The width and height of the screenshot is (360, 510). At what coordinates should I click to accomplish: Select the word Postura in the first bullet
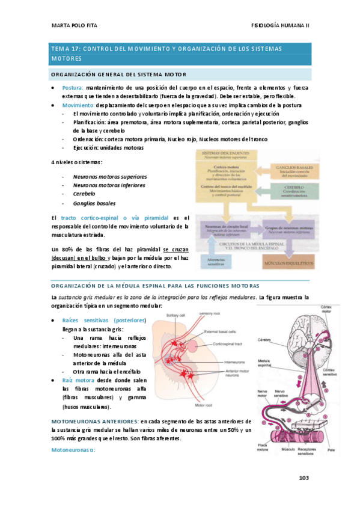point(73,88)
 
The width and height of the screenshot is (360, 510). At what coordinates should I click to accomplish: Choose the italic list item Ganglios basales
point(94,203)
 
